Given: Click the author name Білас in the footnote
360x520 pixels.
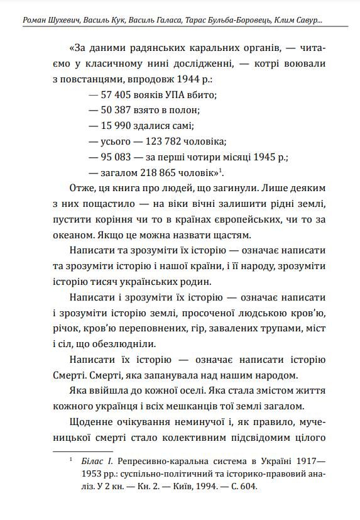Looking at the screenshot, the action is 95,462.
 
